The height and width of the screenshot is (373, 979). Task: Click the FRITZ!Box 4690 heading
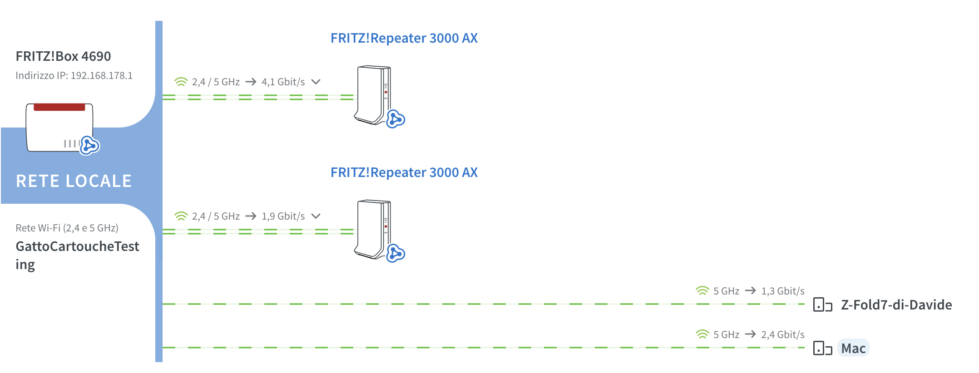[x=63, y=56]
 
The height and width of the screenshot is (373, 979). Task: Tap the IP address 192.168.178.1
[x=102, y=75]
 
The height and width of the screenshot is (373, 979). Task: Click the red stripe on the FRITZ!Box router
[x=59, y=107]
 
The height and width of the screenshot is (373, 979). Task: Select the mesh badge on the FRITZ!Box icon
[x=89, y=145]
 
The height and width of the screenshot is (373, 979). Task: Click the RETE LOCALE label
[x=74, y=181]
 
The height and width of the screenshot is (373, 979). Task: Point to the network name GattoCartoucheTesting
[x=77, y=255]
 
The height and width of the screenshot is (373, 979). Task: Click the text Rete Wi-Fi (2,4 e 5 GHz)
[x=67, y=228]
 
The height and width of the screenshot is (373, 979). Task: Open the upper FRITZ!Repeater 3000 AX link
[x=404, y=38]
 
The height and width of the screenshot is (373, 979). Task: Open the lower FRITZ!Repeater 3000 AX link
[x=404, y=172]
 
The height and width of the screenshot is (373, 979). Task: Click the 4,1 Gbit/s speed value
[x=283, y=82]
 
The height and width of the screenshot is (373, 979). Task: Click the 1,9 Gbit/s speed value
[x=283, y=216]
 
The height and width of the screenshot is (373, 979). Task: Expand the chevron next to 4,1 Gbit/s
[x=316, y=82]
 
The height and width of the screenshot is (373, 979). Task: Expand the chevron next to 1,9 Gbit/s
[x=316, y=216]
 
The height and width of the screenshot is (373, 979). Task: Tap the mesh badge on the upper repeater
[x=396, y=119]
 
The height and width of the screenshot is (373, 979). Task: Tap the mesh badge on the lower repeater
[x=396, y=253]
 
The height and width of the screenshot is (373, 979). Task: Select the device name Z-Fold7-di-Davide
[x=896, y=304]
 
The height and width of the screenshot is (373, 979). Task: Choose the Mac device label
[x=853, y=348]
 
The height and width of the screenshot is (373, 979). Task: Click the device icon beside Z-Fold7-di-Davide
[x=822, y=305]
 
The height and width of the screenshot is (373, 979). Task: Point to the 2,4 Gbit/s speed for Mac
[x=783, y=334]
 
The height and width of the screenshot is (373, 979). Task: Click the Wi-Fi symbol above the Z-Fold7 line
[x=702, y=290]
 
